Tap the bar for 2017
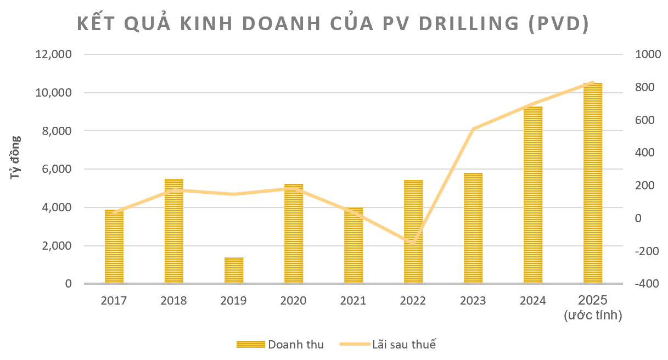tap(114, 246)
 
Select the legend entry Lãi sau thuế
tap(404, 345)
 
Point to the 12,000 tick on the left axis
tap(53, 55)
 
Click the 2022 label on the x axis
tap(413, 301)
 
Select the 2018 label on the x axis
tap(173, 301)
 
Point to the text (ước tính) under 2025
tap(593, 316)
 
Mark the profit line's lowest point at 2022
tap(413, 243)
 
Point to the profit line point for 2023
tap(473, 129)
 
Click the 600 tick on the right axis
tap(644, 120)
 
